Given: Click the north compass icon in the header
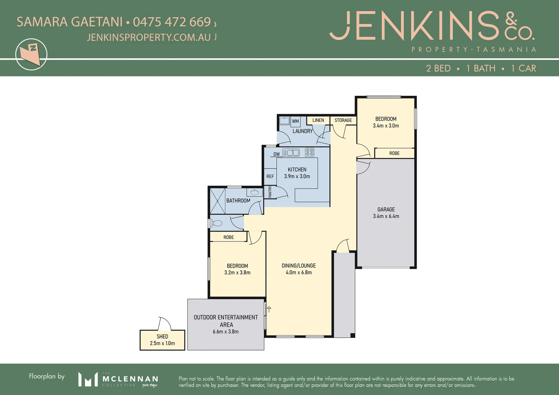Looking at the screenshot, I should tap(31, 54).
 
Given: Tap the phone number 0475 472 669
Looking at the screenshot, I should tap(172, 22).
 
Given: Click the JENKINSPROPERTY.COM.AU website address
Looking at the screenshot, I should tap(149, 37).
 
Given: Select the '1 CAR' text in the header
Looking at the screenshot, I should tap(523, 68).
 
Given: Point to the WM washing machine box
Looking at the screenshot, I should tap(295, 121).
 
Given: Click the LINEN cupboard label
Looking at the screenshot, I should tap(318, 120).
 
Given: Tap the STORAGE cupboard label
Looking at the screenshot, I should tap(343, 120).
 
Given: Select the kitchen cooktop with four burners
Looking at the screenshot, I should tap(310, 152).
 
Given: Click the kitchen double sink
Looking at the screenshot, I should tap(291, 153).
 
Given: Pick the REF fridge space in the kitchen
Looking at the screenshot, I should tap(270, 176).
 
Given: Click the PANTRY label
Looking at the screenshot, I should tap(270, 192).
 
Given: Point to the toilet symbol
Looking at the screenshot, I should tap(217, 223).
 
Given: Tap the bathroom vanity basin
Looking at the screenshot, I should tap(254, 192).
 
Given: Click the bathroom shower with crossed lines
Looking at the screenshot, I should tap(217, 201).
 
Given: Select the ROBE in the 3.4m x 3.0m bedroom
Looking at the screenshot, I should tap(394, 153).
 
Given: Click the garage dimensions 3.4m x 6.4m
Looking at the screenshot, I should tap(386, 216).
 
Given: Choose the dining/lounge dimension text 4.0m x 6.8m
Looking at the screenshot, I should tap(299, 272).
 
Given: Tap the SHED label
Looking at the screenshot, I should tap(162, 336).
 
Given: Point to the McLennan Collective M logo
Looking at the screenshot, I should tap(88, 379).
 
